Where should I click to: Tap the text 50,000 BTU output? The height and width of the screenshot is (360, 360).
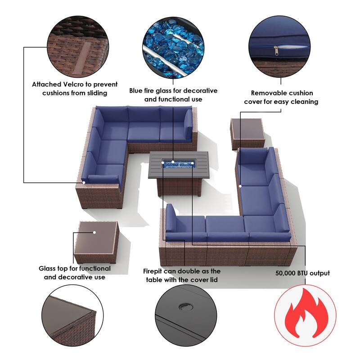click(x=302, y=273)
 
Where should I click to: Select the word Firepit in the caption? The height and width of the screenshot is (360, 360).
click(x=156, y=271)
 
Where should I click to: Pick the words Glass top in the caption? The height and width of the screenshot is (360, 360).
click(x=54, y=269)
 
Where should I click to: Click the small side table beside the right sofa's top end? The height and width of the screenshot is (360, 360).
click(x=247, y=133)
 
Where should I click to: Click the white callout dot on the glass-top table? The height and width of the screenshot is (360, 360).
click(x=94, y=233)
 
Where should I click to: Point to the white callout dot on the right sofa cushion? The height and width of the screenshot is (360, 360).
click(x=240, y=185)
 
